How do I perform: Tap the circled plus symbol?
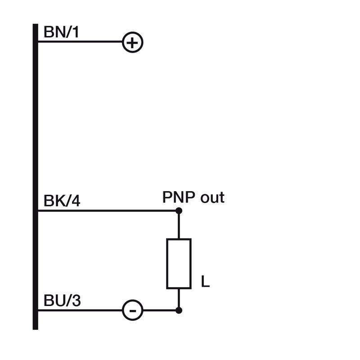(133, 43)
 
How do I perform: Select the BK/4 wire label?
(62, 201)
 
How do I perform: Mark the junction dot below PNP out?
(179, 211)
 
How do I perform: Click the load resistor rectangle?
(179, 264)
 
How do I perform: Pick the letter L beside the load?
(205, 283)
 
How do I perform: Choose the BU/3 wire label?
(62, 301)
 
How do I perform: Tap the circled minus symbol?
(133, 310)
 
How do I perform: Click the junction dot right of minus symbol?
(179, 310)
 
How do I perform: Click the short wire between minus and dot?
(160, 310)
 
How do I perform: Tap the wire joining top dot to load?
(179, 225)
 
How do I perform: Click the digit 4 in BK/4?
(76, 201)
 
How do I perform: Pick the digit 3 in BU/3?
(76, 301)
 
